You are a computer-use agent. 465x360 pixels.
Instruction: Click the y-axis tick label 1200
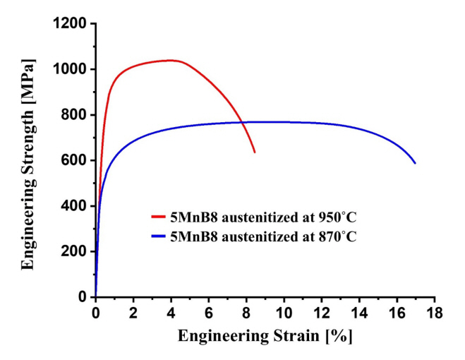(70, 24)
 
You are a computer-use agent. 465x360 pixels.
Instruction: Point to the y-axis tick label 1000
(70, 70)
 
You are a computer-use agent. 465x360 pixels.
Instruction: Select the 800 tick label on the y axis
(73, 115)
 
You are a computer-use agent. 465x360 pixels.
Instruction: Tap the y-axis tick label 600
(73, 161)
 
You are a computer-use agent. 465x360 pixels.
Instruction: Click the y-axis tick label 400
(73, 206)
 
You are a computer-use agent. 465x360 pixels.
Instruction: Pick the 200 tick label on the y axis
(73, 252)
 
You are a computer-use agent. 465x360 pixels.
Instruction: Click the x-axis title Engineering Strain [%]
(265, 337)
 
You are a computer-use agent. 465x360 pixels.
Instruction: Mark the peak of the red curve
(171, 60)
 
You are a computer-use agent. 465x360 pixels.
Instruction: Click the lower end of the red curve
(255, 152)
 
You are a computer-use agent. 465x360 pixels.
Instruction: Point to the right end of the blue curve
(415, 163)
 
